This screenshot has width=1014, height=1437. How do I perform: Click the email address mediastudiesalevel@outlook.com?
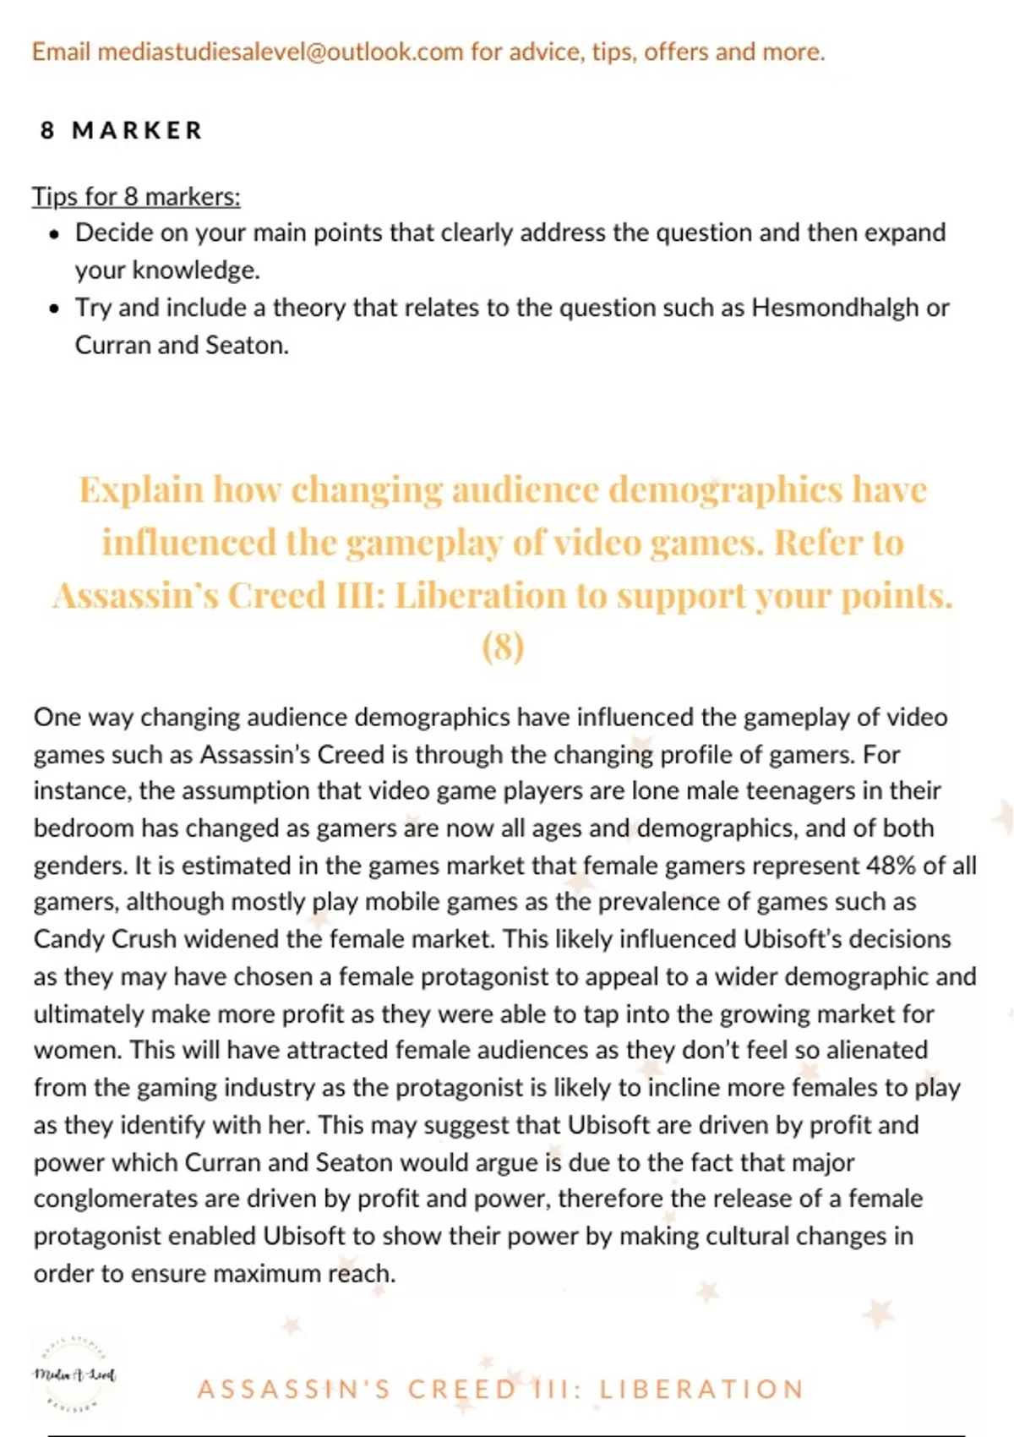pos(281,52)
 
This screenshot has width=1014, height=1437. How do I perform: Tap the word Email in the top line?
pos(61,52)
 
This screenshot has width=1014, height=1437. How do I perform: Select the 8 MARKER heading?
pos(122,131)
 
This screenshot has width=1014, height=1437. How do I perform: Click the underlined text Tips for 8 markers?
pos(136,197)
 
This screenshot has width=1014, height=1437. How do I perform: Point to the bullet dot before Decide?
pos(55,234)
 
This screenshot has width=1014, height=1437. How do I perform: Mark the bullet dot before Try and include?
pos(55,309)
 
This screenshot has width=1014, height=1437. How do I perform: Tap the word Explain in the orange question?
pos(141,490)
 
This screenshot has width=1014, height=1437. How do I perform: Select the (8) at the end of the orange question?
pos(503,647)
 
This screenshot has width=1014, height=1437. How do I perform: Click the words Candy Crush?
pos(105,939)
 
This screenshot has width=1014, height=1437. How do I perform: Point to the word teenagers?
pos(809,791)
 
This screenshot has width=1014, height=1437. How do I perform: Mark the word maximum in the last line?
pos(264,1274)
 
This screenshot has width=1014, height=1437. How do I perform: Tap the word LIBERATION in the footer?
pos(701,1390)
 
